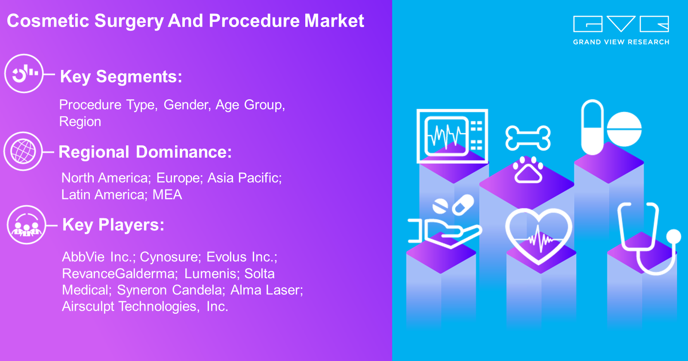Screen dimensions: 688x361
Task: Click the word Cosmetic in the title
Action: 48,21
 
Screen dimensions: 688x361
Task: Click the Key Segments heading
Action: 121,77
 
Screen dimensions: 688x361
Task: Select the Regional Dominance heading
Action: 145,152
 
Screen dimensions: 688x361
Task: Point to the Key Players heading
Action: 114,225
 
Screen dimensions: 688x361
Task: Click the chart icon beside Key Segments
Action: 24,73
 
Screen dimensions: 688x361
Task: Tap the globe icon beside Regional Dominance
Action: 23,151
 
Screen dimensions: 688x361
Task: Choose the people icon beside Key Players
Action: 26,225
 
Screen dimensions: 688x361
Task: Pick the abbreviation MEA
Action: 167,195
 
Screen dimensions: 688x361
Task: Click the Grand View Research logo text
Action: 621,42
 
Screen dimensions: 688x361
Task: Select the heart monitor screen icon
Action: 452,136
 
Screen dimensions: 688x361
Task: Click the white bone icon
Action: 528,138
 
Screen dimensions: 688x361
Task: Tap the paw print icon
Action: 528,170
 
